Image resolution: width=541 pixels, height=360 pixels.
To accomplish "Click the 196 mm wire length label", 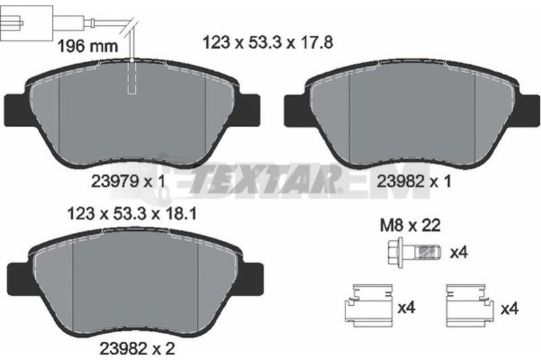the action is [x=87, y=46].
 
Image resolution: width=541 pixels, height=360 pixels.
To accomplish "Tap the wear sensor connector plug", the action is [x=26, y=23].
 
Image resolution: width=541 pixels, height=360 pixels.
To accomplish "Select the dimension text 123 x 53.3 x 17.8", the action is [x=268, y=43].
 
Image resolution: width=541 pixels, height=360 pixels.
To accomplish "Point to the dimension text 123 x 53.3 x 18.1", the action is [x=132, y=214].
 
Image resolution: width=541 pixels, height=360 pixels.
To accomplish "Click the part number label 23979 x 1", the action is [x=128, y=181].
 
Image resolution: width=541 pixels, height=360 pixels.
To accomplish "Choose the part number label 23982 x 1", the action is [x=414, y=181].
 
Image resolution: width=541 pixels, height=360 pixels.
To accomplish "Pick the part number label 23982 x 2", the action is [x=137, y=348].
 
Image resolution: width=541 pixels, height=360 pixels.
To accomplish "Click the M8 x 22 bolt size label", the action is [x=410, y=225].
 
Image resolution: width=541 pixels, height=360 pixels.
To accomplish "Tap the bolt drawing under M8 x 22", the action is [x=415, y=252].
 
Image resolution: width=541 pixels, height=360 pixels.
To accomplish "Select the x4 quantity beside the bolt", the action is [x=459, y=253].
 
